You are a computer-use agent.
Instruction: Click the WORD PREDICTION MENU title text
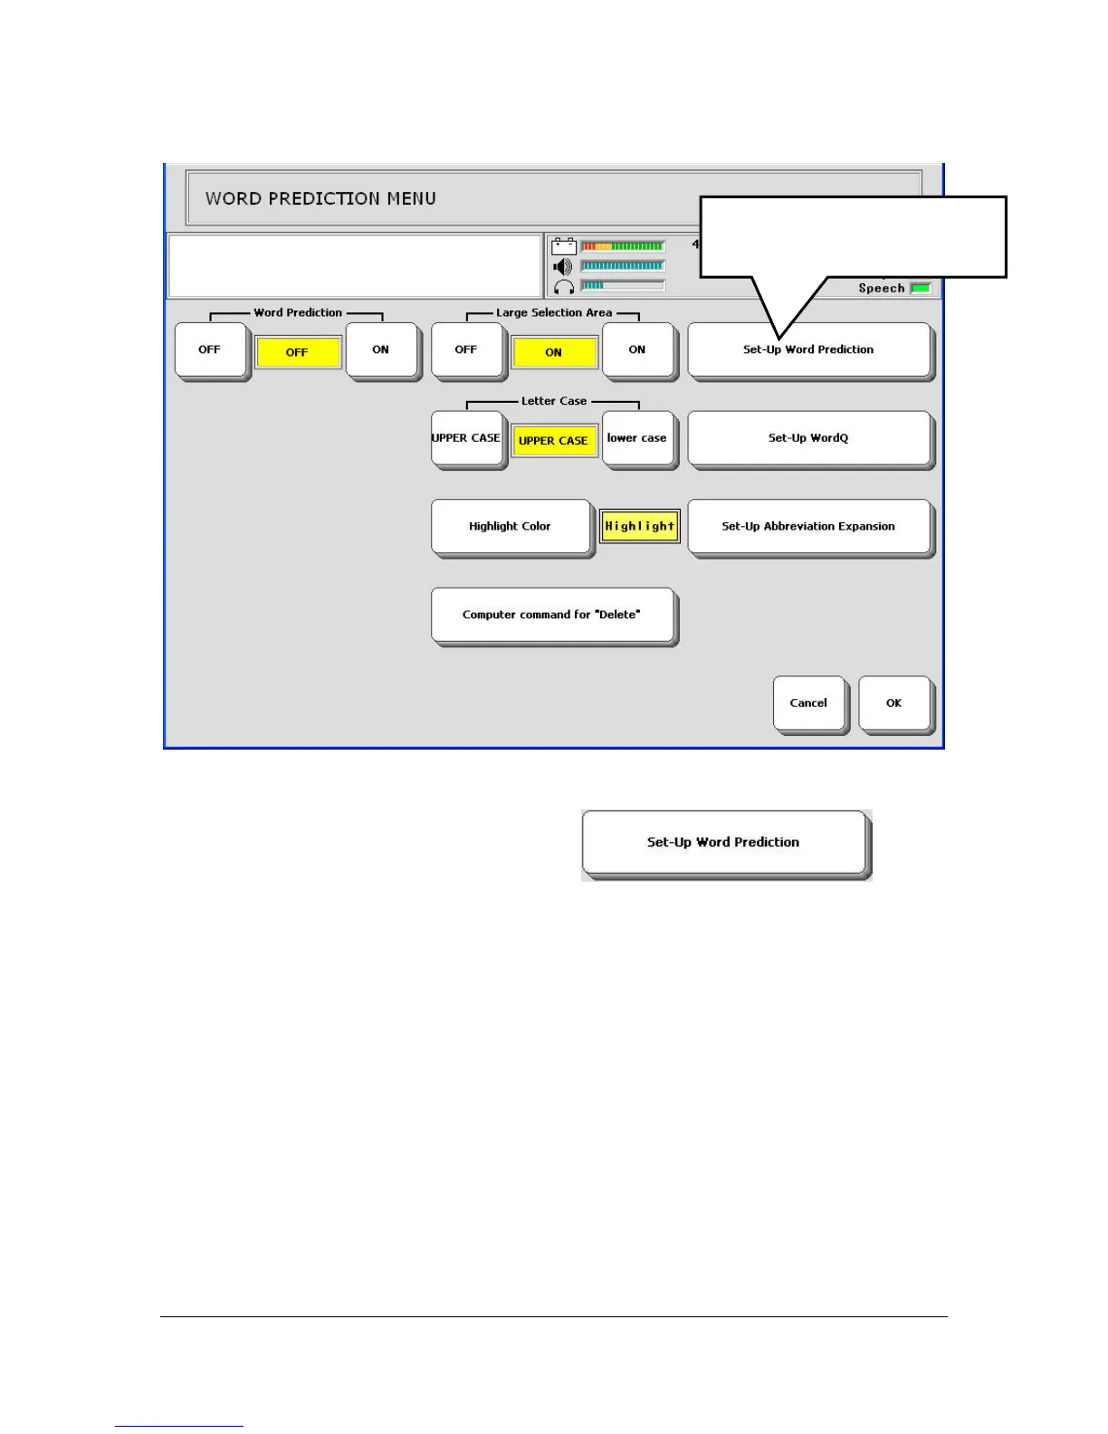(x=320, y=198)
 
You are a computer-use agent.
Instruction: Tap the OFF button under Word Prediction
(x=210, y=349)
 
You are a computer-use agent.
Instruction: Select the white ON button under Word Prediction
(x=381, y=349)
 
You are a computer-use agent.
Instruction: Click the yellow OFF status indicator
(x=298, y=352)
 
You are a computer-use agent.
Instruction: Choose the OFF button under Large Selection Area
(x=466, y=349)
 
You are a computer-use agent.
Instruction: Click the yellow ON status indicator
(x=554, y=352)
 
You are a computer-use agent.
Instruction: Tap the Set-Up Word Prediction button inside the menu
(x=808, y=349)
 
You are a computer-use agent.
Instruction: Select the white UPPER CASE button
(x=466, y=438)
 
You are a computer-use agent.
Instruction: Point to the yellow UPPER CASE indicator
(x=554, y=441)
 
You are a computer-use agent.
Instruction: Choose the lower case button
(x=637, y=438)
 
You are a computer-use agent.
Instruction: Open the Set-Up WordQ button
(x=808, y=438)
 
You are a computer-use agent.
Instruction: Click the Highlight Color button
(x=510, y=526)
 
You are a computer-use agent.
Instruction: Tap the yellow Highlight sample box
(x=640, y=526)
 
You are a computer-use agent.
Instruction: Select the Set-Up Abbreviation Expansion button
(x=808, y=526)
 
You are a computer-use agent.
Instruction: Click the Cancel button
(x=808, y=703)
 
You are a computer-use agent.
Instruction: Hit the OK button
(x=893, y=703)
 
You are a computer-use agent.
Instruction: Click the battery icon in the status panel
(x=564, y=246)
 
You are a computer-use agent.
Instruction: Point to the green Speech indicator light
(x=920, y=288)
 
